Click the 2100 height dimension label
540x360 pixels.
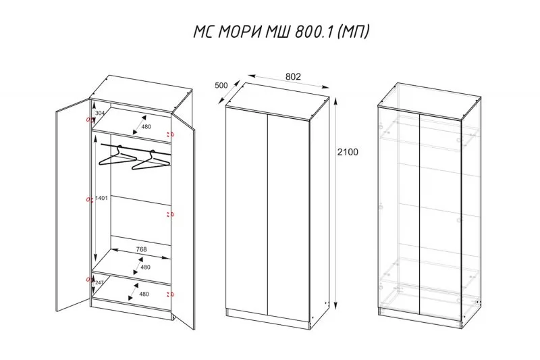tap(348, 152)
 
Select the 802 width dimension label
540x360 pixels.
tap(293, 76)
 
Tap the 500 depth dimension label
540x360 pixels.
tap(221, 85)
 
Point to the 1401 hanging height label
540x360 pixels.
tap(102, 198)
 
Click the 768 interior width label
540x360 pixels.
tap(142, 249)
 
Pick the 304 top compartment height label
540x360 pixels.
tap(100, 113)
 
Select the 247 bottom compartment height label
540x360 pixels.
tap(99, 282)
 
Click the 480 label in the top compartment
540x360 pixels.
tap(146, 126)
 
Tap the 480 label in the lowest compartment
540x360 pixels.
tap(144, 294)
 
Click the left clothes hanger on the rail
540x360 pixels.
tap(117, 157)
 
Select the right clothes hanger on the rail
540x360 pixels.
tap(151, 161)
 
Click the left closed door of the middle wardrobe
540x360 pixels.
tap(246, 211)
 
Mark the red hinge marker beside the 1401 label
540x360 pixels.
tap(90, 199)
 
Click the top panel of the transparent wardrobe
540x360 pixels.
tap(429, 101)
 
